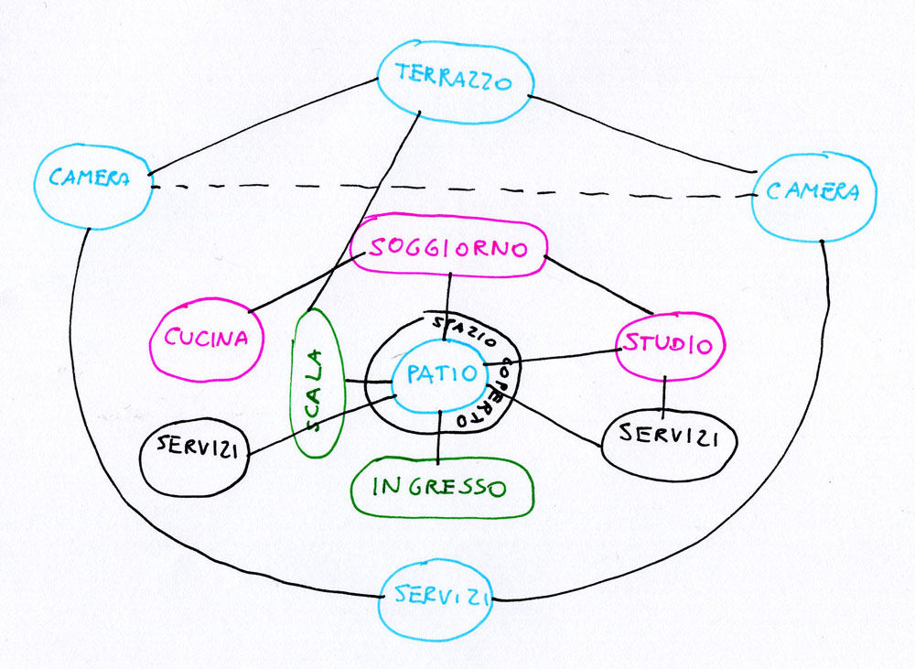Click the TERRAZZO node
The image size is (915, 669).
click(455, 81)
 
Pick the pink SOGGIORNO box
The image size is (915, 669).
click(448, 247)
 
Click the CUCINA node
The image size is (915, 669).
click(206, 338)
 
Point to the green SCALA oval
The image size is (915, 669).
click(314, 382)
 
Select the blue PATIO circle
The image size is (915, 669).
click(438, 374)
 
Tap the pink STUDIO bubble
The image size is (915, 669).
click(670, 345)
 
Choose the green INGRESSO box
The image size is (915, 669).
click(440, 486)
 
